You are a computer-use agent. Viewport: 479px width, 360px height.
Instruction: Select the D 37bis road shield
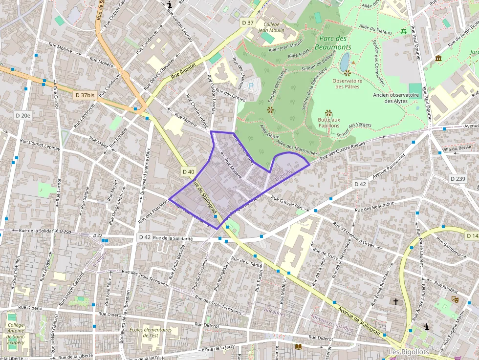85,95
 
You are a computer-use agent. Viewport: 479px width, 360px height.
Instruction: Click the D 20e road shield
22,116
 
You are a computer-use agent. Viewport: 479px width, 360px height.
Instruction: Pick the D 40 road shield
189,171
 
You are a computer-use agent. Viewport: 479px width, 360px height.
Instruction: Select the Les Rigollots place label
409,352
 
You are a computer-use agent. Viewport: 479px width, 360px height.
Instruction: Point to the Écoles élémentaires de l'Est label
151,333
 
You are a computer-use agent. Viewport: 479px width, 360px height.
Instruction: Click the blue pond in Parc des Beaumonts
345,62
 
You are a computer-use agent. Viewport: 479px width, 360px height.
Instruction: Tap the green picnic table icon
404,32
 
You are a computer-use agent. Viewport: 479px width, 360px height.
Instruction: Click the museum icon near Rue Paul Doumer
438,59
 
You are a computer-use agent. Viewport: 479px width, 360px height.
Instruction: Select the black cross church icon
395,302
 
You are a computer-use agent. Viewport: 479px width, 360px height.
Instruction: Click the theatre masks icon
455,299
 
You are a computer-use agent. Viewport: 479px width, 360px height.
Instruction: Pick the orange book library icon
298,346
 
